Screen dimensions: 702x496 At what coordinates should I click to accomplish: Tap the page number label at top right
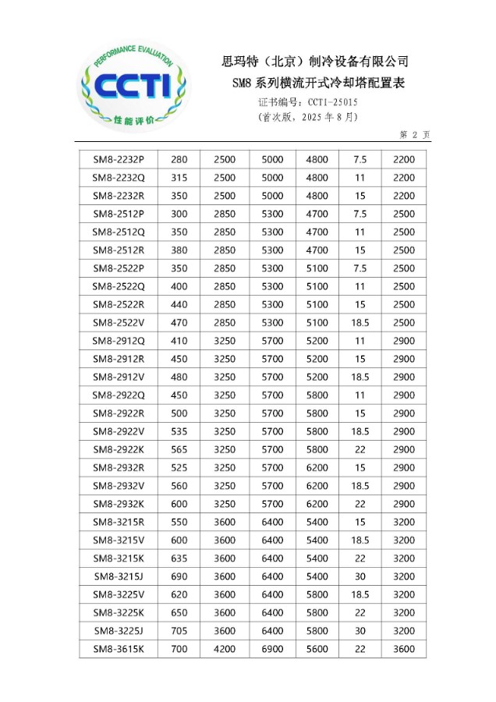[415, 134]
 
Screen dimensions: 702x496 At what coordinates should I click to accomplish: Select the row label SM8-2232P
[119, 159]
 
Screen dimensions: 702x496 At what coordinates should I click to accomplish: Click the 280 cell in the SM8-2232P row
[179, 159]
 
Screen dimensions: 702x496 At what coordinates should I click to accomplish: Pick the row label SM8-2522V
[119, 322]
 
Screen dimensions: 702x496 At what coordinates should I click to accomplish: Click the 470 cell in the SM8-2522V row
[179, 322]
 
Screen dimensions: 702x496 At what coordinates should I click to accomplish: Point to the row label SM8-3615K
[119, 649]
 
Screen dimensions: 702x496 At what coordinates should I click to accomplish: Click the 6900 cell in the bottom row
[272, 649]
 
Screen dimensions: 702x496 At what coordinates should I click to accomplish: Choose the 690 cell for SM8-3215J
[179, 576]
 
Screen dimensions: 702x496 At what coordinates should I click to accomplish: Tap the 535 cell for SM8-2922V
[179, 431]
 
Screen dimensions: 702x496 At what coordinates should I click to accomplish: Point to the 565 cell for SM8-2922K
[179, 449]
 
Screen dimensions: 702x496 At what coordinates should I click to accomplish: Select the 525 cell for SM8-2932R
[179, 467]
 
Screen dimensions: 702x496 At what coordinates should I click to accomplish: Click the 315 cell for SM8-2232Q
[179, 177]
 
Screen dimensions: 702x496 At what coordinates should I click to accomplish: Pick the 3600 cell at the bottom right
[404, 649]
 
